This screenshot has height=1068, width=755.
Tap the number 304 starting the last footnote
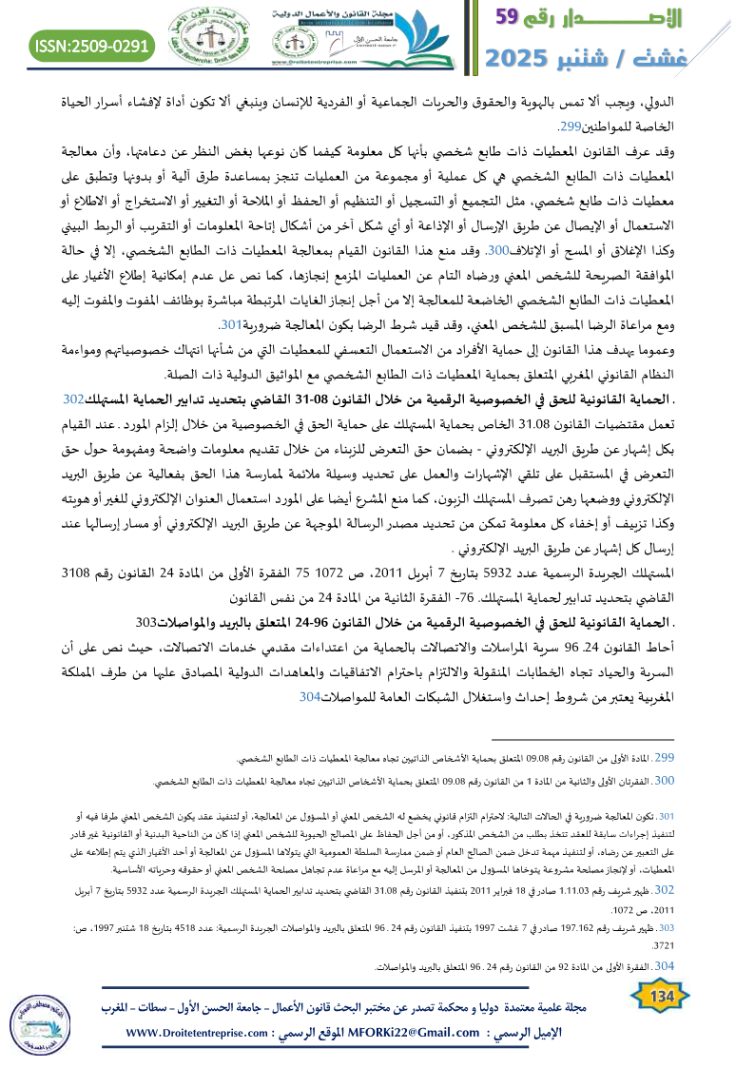click(x=666, y=966)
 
